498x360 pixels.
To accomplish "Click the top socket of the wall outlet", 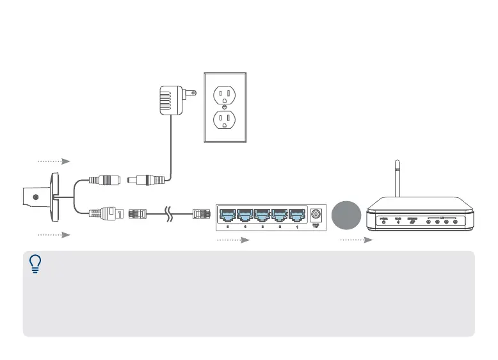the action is (225, 95).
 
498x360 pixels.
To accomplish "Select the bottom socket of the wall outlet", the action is (225, 119).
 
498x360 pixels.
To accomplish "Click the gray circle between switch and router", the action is (346, 215).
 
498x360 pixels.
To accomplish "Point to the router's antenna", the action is (398, 177).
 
